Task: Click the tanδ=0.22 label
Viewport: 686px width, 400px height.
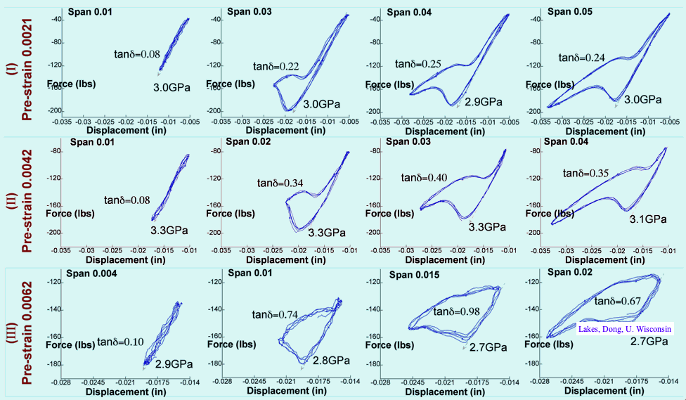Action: pyautogui.click(x=276, y=66)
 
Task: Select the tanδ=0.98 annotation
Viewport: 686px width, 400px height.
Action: pyautogui.click(x=457, y=311)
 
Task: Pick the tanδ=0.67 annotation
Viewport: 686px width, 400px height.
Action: pyautogui.click(x=619, y=301)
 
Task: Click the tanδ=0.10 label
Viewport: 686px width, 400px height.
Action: pyautogui.click(x=120, y=342)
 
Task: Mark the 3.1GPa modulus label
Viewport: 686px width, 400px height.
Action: pyautogui.click(x=647, y=219)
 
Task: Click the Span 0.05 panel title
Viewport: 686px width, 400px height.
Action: pyautogui.click(x=571, y=11)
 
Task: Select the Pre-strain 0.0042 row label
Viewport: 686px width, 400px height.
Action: pyautogui.click(x=27, y=200)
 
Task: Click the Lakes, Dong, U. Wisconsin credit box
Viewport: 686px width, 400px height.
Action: pyautogui.click(x=625, y=328)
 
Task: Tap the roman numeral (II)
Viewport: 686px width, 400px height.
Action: pyautogui.click(x=11, y=200)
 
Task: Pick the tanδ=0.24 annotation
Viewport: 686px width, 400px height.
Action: pyautogui.click(x=583, y=58)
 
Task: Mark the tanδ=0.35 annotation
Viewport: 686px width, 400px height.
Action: pyautogui.click(x=587, y=172)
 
